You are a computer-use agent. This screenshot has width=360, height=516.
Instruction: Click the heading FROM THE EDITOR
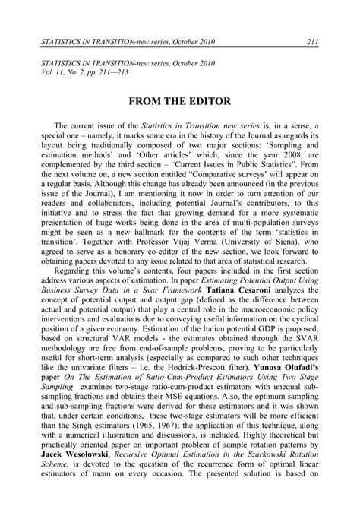pos(179,102)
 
